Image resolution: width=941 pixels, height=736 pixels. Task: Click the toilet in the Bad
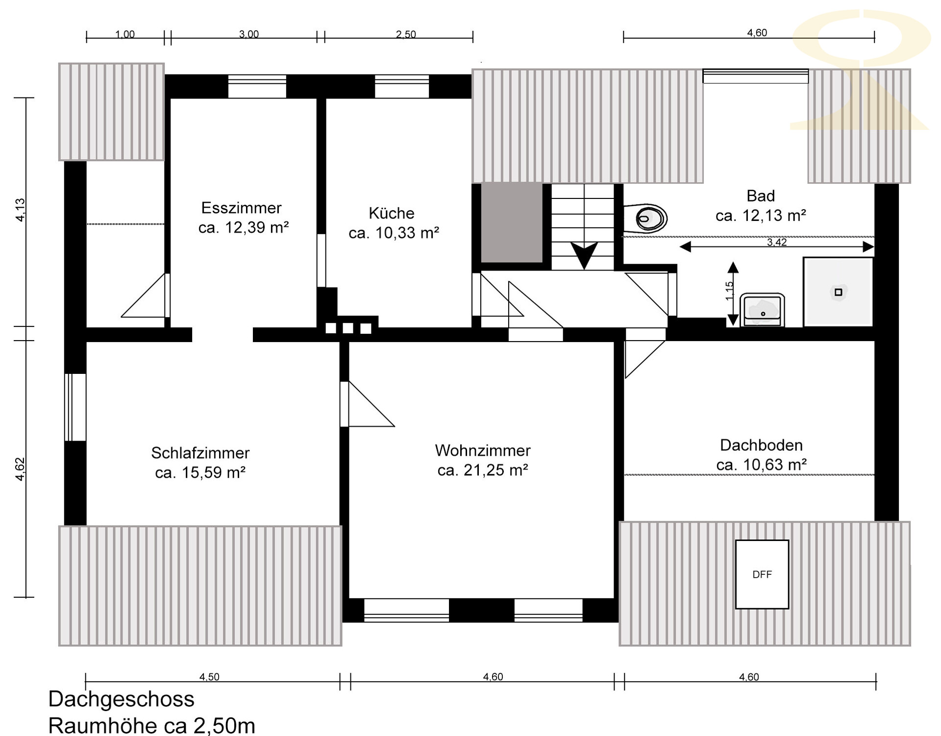[646, 218]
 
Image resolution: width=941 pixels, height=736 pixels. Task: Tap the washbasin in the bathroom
[762, 310]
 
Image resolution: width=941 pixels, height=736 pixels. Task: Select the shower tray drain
[838, 292]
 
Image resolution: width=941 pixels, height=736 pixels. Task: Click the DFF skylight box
[762, 574]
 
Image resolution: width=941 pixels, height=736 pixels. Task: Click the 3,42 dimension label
[777, 242]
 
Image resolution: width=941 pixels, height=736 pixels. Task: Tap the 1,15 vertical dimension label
[730, 291]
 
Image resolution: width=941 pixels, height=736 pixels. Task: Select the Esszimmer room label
[241, 208]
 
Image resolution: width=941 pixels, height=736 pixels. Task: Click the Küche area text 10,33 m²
[407, 233]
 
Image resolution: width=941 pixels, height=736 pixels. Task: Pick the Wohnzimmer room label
[483, 450]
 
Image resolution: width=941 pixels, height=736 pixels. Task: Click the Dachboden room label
[761, 445]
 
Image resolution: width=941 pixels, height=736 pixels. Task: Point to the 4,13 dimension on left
[20, 210]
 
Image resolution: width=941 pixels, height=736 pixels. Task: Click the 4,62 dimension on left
[20, 469]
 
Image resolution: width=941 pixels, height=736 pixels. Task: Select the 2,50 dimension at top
[406, 34]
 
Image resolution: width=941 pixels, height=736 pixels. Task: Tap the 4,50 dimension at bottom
[209, 677]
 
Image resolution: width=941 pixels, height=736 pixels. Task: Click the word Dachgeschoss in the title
[122, 699]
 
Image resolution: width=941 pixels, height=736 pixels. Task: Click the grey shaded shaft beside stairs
[512, 222]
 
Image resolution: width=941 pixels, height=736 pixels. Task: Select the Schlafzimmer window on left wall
[75, 407]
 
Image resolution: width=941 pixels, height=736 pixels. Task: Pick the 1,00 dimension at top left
[125, 34]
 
